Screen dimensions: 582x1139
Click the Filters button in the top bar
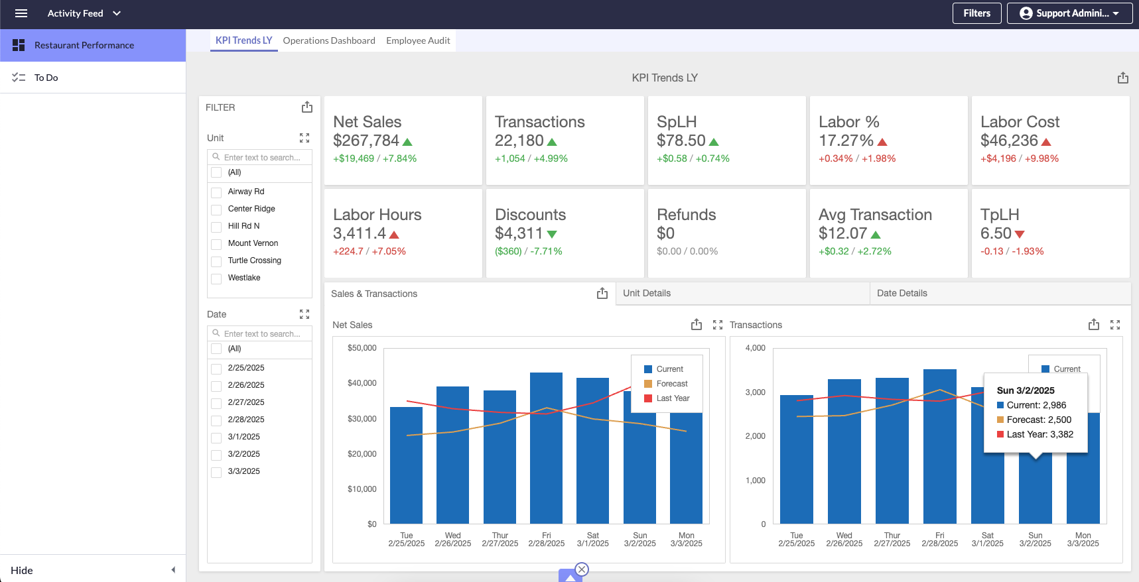(x=976, y=13)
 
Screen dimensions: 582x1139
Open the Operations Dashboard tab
(x=328, y=40)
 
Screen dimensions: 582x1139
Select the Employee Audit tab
(x=418, y=40)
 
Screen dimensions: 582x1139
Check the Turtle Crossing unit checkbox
(x=216, y=261)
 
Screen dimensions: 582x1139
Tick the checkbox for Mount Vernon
(x=216, y=244)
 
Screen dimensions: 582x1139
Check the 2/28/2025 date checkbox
(x=216, y=420)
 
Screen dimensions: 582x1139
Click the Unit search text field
(x=262, y=158)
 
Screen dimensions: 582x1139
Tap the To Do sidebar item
(x=46, y=78)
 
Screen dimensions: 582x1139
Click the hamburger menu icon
(x=21, y=13)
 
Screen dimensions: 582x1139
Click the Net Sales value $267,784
(x=366, y=141)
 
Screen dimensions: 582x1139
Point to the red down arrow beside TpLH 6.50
(x=1020, y=234)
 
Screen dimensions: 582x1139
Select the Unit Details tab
(x=647, y=293)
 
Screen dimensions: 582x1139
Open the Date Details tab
(x=902, y=293)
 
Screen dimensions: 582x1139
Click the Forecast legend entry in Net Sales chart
(x=671, y=384)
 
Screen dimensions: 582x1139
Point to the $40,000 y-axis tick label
(x=362, y=383)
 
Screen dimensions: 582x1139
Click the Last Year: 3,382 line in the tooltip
(x=1039, y=434)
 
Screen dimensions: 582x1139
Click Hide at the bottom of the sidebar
(x=22, y=570)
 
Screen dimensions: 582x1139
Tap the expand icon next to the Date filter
(x=304, y=314)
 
